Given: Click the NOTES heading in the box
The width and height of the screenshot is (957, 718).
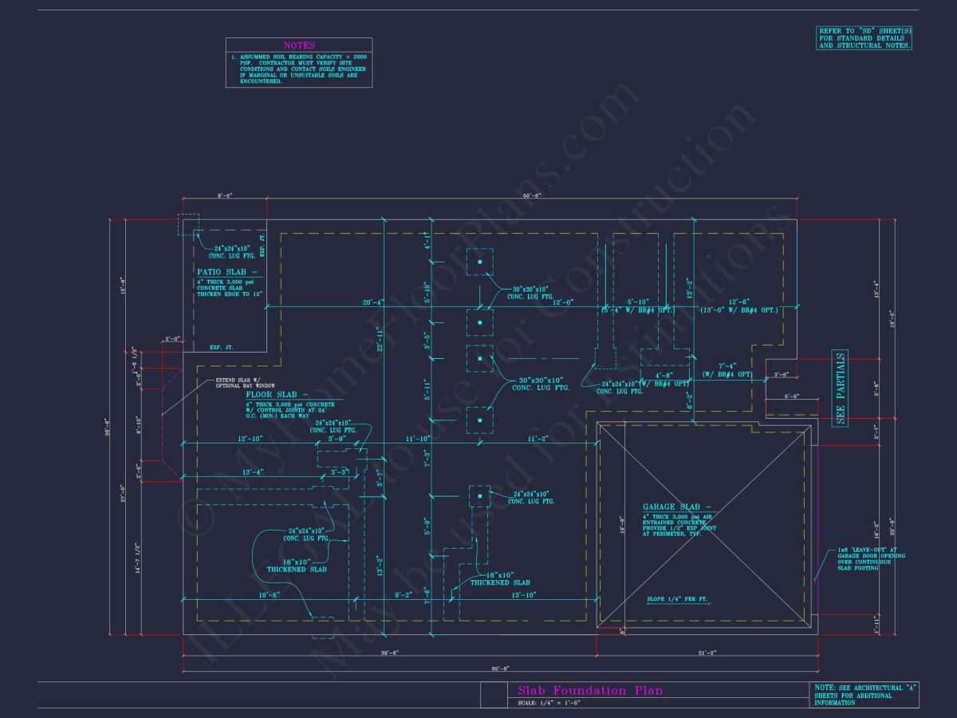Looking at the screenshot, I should pyautogui.click(x=299, y=45).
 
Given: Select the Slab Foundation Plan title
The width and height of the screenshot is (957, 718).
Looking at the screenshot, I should pyautogui.click(x=590, y=691).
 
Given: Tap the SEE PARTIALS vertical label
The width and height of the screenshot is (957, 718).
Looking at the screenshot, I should pyautogui.click(x=840, y=388).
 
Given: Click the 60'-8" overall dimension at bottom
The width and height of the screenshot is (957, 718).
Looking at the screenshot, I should pyautogui.click(x=499, y=669).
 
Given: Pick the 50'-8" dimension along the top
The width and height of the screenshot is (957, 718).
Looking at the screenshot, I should pyautogui.click(x=532, y=195).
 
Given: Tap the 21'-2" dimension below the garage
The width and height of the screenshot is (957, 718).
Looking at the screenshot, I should pyautogui.click(x=707, y=653).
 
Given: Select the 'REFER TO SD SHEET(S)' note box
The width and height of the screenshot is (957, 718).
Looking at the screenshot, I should pyautogui.click(x=864, y=38).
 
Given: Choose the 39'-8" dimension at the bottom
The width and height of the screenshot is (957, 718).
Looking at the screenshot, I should pyautogui.click(x=389, y=653).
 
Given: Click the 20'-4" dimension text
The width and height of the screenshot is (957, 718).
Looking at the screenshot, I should pyautogui.click(x=373, y=302).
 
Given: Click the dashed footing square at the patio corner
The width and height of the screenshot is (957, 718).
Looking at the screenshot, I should pyautogui.click(x=188, y=224).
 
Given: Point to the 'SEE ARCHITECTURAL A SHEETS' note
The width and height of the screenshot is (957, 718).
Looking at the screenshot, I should pyautogui.click(x=864, y=694).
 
